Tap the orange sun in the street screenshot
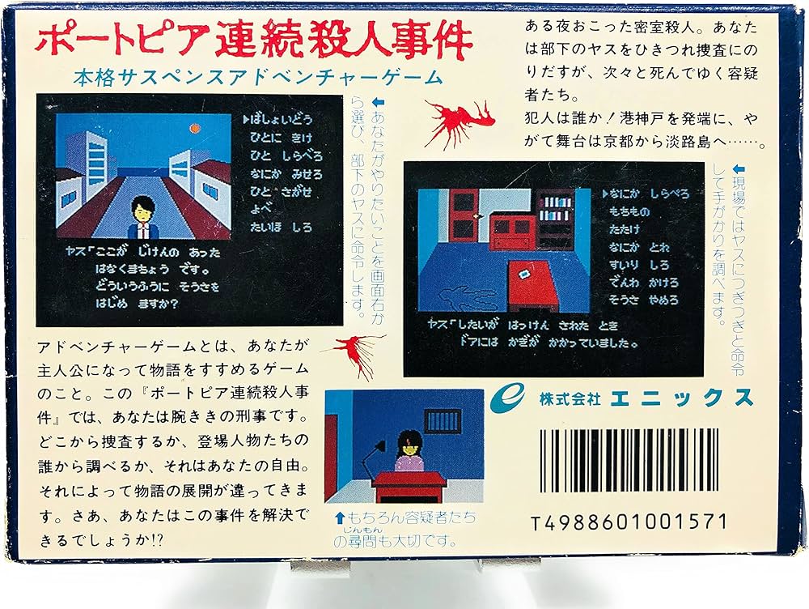click(x=192, y=127)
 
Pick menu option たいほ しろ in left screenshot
click(x=281, y=228)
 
